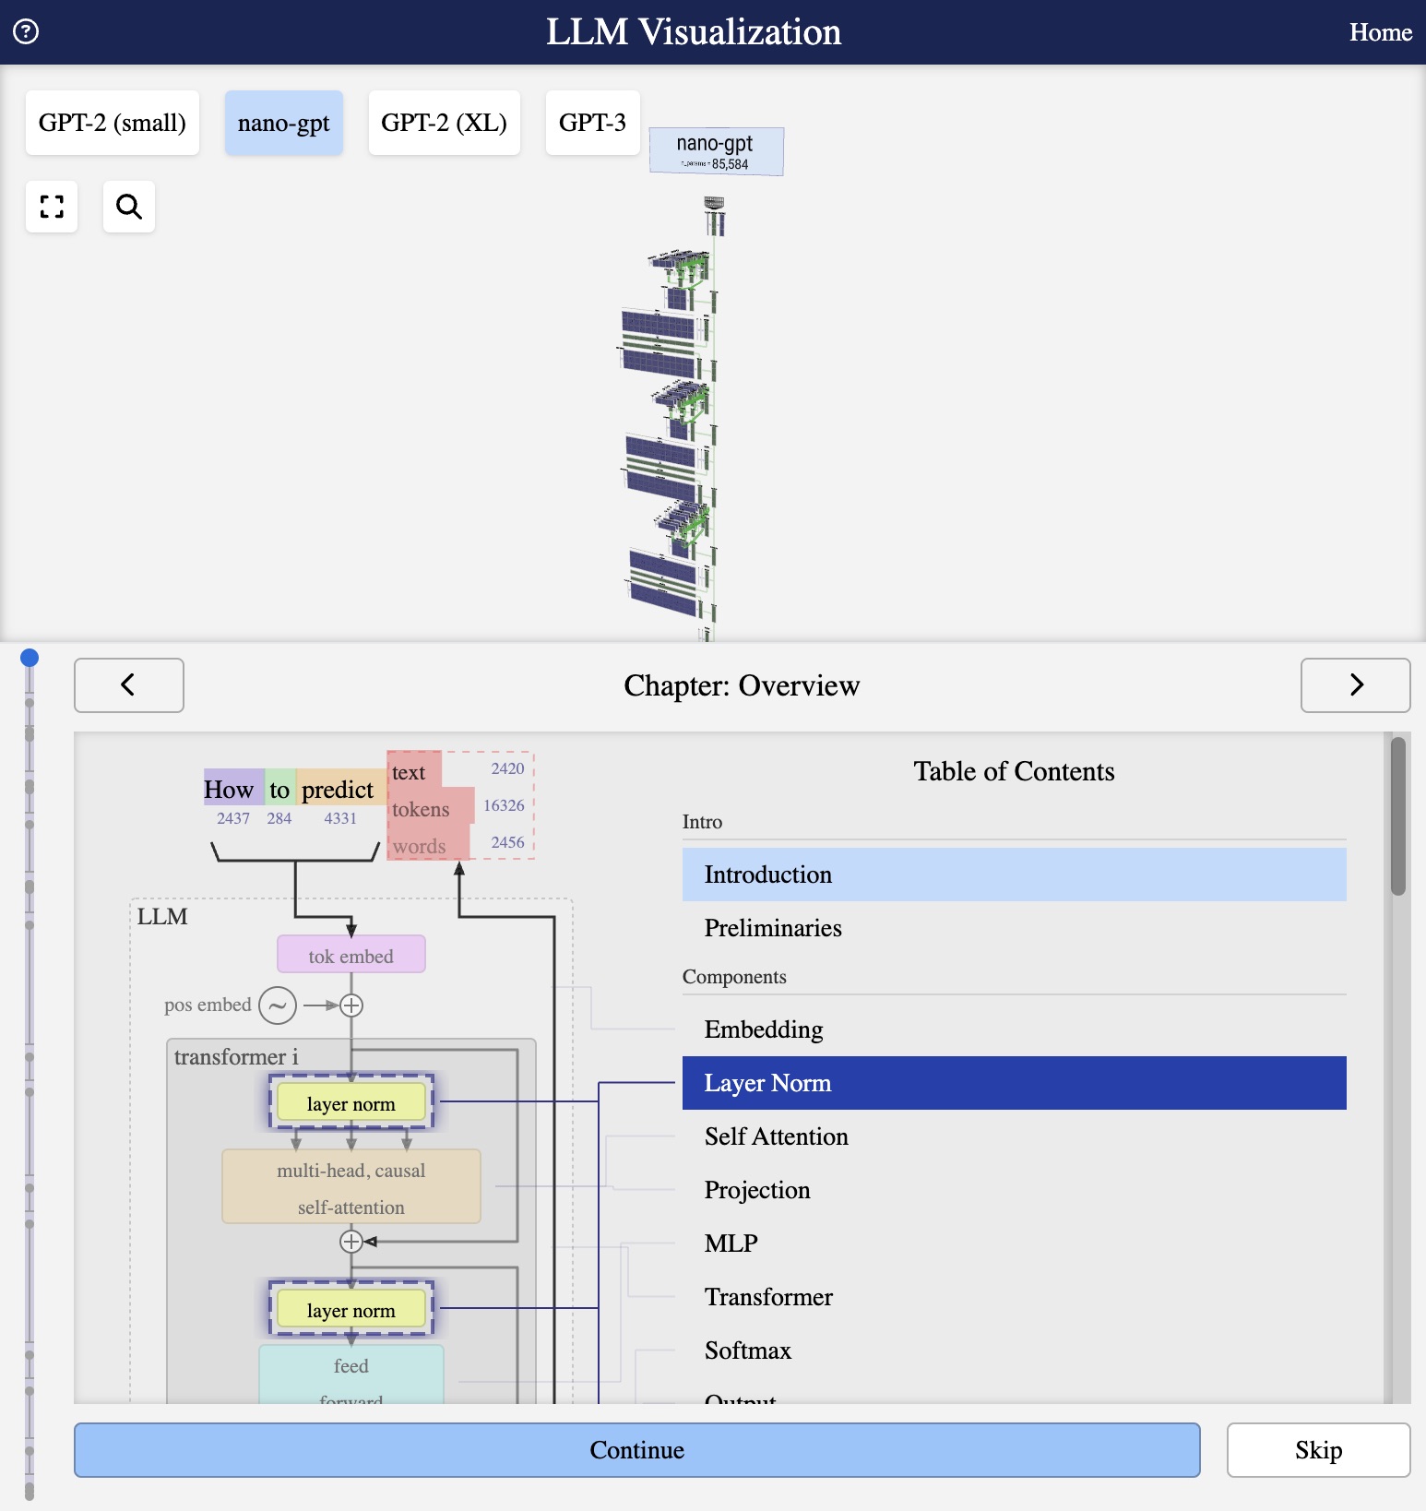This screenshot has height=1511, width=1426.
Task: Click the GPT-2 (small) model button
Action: coord(112,123)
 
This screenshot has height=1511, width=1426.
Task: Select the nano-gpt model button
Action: coord(283,123)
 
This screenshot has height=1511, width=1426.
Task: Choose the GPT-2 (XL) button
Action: coord(444,123)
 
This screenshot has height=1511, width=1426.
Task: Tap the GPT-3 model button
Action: coord(592,123)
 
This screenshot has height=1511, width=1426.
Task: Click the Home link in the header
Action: coord(1380,32)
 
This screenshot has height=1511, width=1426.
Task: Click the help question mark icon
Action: coord(26,32)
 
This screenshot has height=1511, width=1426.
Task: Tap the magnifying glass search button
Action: coord(129,207)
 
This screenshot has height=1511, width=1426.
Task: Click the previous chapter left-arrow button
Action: coord(128,685)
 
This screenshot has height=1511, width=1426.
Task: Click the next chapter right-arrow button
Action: coord(1355,685)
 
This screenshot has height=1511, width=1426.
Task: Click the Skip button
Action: coord(1318,1450)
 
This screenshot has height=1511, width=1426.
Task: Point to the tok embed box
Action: coord(351,955)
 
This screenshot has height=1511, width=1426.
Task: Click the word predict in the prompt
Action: coord(338,790)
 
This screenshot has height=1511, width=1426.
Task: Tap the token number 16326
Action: coord(504,805)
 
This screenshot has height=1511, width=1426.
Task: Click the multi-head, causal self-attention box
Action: coord(351,1187)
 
